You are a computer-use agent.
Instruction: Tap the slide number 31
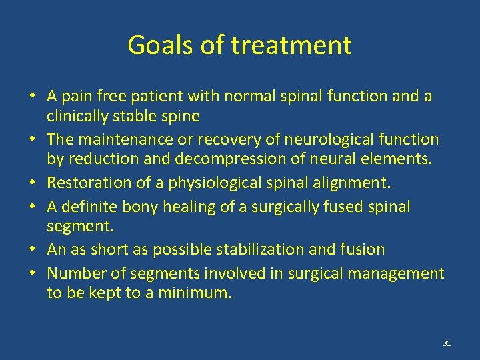click(447, 343)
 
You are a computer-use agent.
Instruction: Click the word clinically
click(79, 116)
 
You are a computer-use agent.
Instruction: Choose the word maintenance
click(129, 139)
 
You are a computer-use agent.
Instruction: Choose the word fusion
click(363, 249)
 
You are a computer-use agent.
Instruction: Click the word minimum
click(194, 293)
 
